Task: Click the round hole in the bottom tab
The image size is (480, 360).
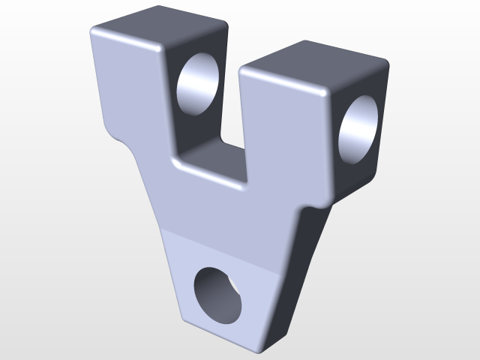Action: pyautogui.click(x=218, y=295)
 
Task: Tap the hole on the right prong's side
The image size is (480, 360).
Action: pyautogui.click(x=360, y=127)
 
